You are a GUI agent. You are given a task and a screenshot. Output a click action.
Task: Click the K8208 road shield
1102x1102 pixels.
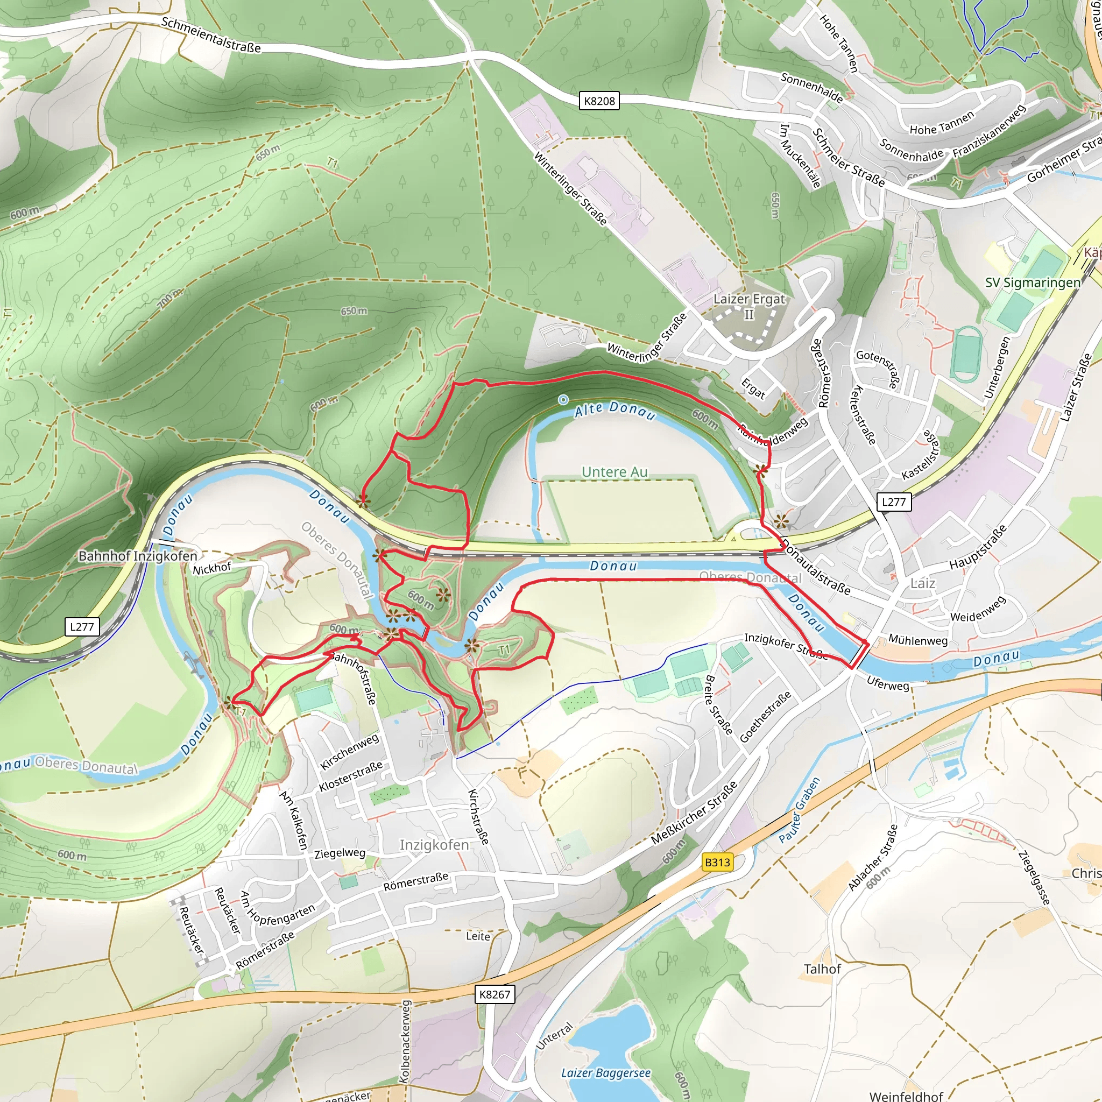click(x=599, y=101)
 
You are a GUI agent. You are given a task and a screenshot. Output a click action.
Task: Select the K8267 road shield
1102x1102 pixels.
click(x=495, y=994)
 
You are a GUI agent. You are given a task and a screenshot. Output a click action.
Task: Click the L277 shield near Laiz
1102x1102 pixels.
click(x=893, y=502)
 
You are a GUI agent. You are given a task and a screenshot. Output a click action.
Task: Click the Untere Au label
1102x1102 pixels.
click(x=614, y=472)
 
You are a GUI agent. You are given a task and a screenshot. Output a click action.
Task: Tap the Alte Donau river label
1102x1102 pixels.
click(x=614, y=409)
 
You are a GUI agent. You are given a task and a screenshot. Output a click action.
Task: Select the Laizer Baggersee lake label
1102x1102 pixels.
click(x=606, y=1073)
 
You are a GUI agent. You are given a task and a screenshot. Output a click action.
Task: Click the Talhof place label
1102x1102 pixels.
click(x=822, y=969)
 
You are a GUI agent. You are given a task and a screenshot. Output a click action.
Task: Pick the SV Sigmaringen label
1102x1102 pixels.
click(x=1033, y=282)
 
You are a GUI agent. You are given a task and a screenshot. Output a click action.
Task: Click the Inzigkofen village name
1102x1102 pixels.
click(x=434, y=845)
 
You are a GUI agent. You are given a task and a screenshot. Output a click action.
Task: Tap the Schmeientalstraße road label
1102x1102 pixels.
click(x=211, y=35)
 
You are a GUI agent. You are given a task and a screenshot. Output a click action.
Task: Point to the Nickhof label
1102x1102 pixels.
click(x=211, y=568)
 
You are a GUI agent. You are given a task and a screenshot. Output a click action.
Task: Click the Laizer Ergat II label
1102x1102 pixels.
click(x=749, y=306)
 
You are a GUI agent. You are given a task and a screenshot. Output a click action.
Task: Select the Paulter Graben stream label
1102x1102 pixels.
click(x=799, y=810)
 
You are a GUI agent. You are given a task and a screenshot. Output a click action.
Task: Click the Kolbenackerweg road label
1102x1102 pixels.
click(x=405, y=1041)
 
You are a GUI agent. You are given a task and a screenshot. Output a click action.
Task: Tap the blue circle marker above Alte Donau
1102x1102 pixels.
click(x=563, y=399)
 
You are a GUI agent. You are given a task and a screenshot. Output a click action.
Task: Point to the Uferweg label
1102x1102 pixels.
click(x=887, y=683)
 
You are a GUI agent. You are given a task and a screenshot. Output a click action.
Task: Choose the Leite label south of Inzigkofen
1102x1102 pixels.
click(x=478, y=936)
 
